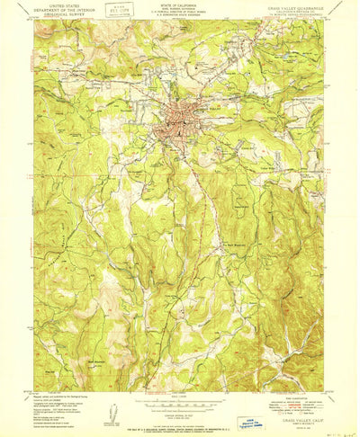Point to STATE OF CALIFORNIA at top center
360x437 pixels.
[181, 4]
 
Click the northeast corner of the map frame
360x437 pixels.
[327, 22]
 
